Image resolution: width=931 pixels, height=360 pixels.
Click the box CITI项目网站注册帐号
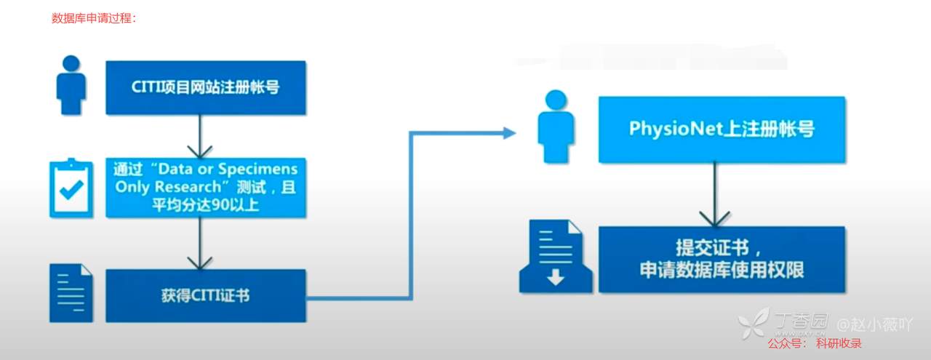click(x=206, y=87)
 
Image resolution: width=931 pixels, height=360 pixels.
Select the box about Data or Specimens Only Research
click(x=206, y=187)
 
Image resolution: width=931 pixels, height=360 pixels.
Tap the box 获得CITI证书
click(x=206, y=295)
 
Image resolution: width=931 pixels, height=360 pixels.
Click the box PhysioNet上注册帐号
click(x=722, y=129)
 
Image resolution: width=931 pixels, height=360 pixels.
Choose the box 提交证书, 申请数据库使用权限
click(x=722, y=260)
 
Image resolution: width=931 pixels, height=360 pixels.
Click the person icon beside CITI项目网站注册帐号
click(x=71, y=85)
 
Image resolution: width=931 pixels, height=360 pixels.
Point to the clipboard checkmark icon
click(x=71, y=188)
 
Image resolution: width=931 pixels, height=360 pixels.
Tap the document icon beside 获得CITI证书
click(x=71, y=293)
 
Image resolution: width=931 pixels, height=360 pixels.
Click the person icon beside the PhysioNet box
click(x=556, y=127)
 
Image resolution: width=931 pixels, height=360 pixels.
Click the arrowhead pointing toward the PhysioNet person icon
click(x=508, y=132)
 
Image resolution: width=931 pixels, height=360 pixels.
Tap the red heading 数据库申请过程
click(x=94, y=18)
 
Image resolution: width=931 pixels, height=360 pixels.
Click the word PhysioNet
click(x=673, y=129)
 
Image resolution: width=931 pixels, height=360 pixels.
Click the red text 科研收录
click(x=839, y=343)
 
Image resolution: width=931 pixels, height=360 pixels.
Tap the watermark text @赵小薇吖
click(x=874, y=324)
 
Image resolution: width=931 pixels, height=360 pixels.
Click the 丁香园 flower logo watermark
click(x=753, y=322)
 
